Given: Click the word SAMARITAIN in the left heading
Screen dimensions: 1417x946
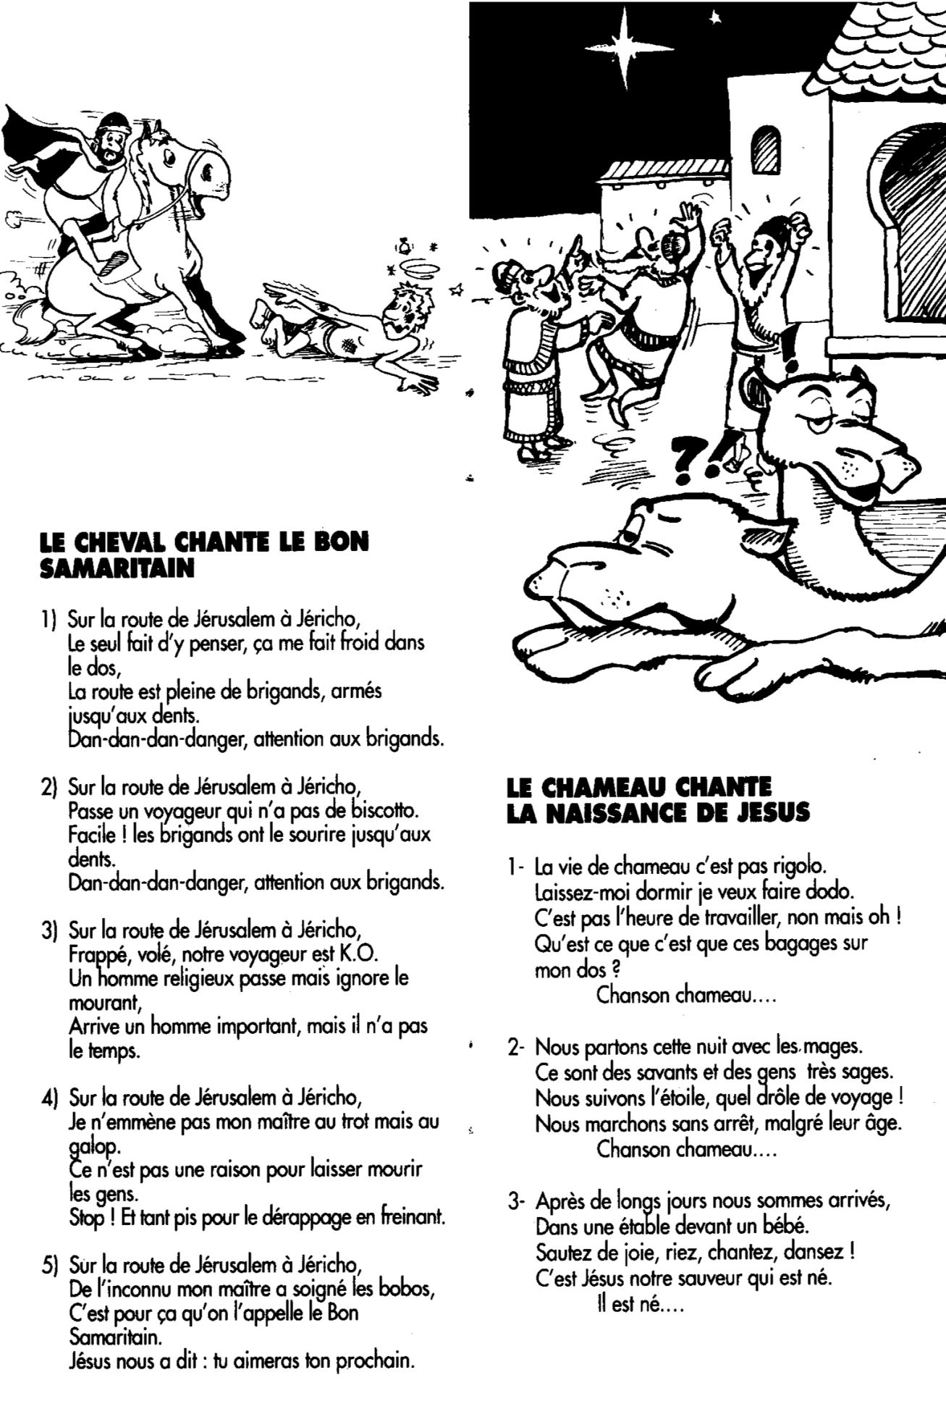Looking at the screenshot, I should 117,568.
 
